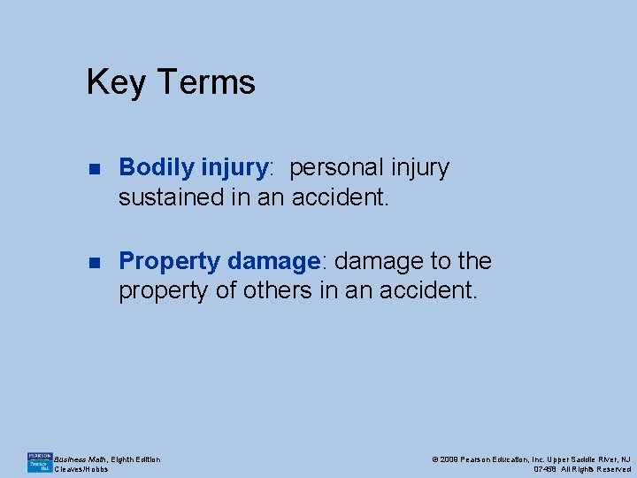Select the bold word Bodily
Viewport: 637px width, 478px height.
pyautogui.click(x=157, y=167)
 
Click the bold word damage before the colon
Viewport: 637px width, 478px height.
pyautogui.click(x=273, y=261)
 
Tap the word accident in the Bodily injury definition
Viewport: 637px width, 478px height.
pyautogui.click(x=341, y=197)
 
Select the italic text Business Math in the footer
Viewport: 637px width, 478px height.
pyautogui.click(x=81, y=459)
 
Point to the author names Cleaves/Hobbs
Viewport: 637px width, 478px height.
pyautogui.click(x=81, y=469)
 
